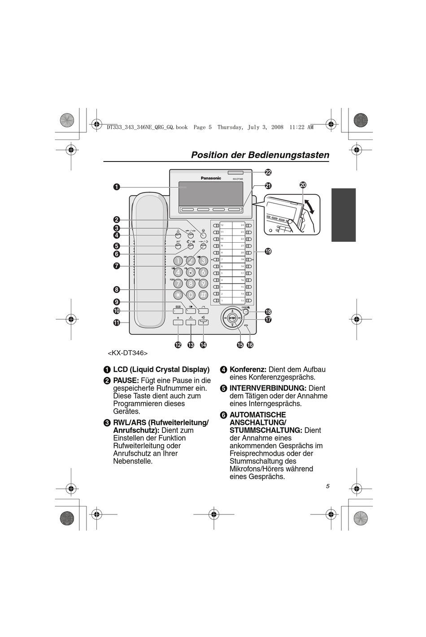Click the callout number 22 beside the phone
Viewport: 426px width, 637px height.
[x=268, y=172]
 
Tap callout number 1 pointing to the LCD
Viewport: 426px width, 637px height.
[x=117, y=187]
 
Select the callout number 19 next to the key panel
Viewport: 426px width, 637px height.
[x=268, y=251]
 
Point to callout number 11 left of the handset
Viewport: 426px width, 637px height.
[x=117, y=323]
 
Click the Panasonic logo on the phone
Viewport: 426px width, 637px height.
[x=211, y=178]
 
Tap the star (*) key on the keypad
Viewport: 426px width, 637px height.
[x=178, y=295]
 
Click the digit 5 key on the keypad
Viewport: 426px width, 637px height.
[x=191, y=272]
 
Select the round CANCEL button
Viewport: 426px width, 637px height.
[x=245, y=312]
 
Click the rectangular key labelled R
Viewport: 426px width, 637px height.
[x=178, y=322]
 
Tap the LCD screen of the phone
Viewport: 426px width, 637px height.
[x=210, y=192]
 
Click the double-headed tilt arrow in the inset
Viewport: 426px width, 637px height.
[x=309, y=206]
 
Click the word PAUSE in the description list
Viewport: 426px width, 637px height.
[x=126, y=380]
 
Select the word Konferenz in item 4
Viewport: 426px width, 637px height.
[x=248, y=370]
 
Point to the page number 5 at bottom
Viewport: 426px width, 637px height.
[x=327, y=486]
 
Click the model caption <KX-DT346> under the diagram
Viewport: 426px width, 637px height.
[x=128, y=353]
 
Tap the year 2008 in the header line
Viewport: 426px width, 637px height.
[x=277, y=127]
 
